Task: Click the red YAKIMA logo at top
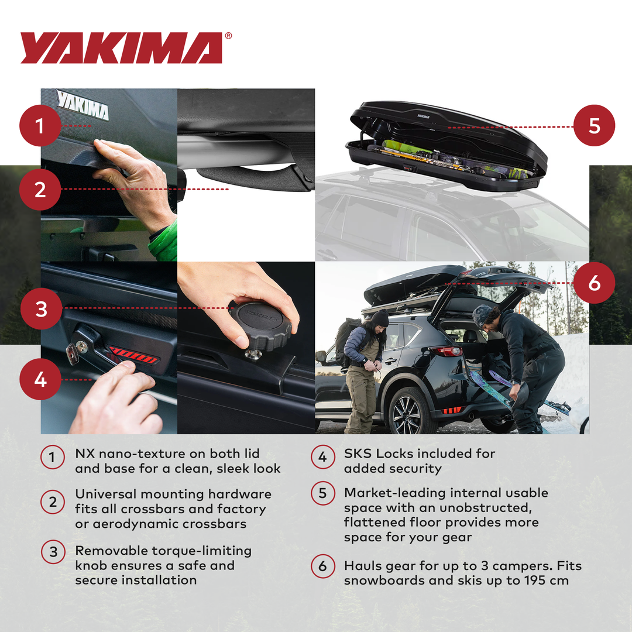tap(122, 47)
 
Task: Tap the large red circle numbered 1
tap(40, 125)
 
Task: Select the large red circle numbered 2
tap(40, 189)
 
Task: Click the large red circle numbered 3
tap(41, 308)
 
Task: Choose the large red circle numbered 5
tap(594, 125)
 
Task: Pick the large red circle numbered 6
tap(594, 283)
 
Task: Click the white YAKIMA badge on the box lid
tap(83, 105)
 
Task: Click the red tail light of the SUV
tap(448, 351)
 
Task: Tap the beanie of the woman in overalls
tap(379, 318)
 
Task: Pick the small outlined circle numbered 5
tap(322, 493)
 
